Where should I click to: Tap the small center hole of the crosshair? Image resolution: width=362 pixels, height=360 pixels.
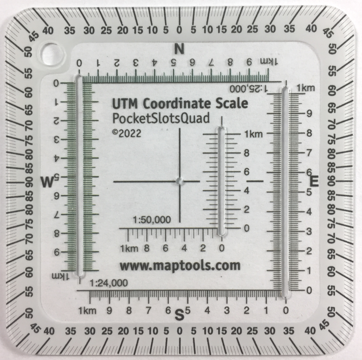click(180, 181)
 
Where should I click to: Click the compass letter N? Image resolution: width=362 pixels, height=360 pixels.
click(180, 49)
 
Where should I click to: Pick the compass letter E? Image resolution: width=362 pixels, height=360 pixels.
click(314, 181)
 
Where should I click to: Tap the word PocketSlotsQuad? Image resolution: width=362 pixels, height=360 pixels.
click(161, 118)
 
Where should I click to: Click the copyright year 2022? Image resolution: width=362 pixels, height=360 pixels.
click(130, 134)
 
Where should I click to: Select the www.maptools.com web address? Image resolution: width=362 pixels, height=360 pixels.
click(180, 266)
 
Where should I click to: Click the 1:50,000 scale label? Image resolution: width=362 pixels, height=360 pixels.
click(152, 220)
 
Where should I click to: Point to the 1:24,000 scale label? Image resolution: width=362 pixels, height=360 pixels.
click(109, 283)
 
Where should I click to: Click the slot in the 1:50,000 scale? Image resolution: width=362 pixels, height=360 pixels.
click(221, 181)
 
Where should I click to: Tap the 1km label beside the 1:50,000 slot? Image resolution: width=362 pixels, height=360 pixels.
click(253, 134)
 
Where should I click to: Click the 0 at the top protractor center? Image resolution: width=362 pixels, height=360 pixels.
click(180, 30)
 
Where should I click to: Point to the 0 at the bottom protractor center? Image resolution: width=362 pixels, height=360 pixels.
click(180, 331)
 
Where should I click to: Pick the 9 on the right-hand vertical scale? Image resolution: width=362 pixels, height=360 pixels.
click(309, 113)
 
